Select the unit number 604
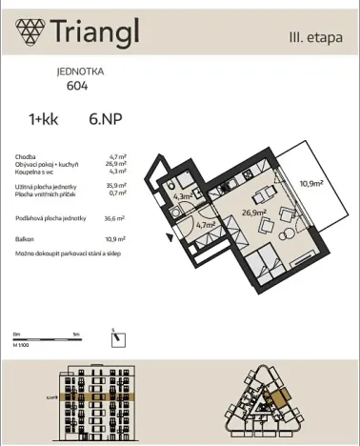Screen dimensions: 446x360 point(78,85)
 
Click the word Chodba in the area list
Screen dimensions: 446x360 point(26,155)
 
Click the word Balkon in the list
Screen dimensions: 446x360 point(25,238)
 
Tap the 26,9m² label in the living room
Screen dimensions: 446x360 point(251,214)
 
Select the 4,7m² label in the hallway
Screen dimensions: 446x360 point(205,226)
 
